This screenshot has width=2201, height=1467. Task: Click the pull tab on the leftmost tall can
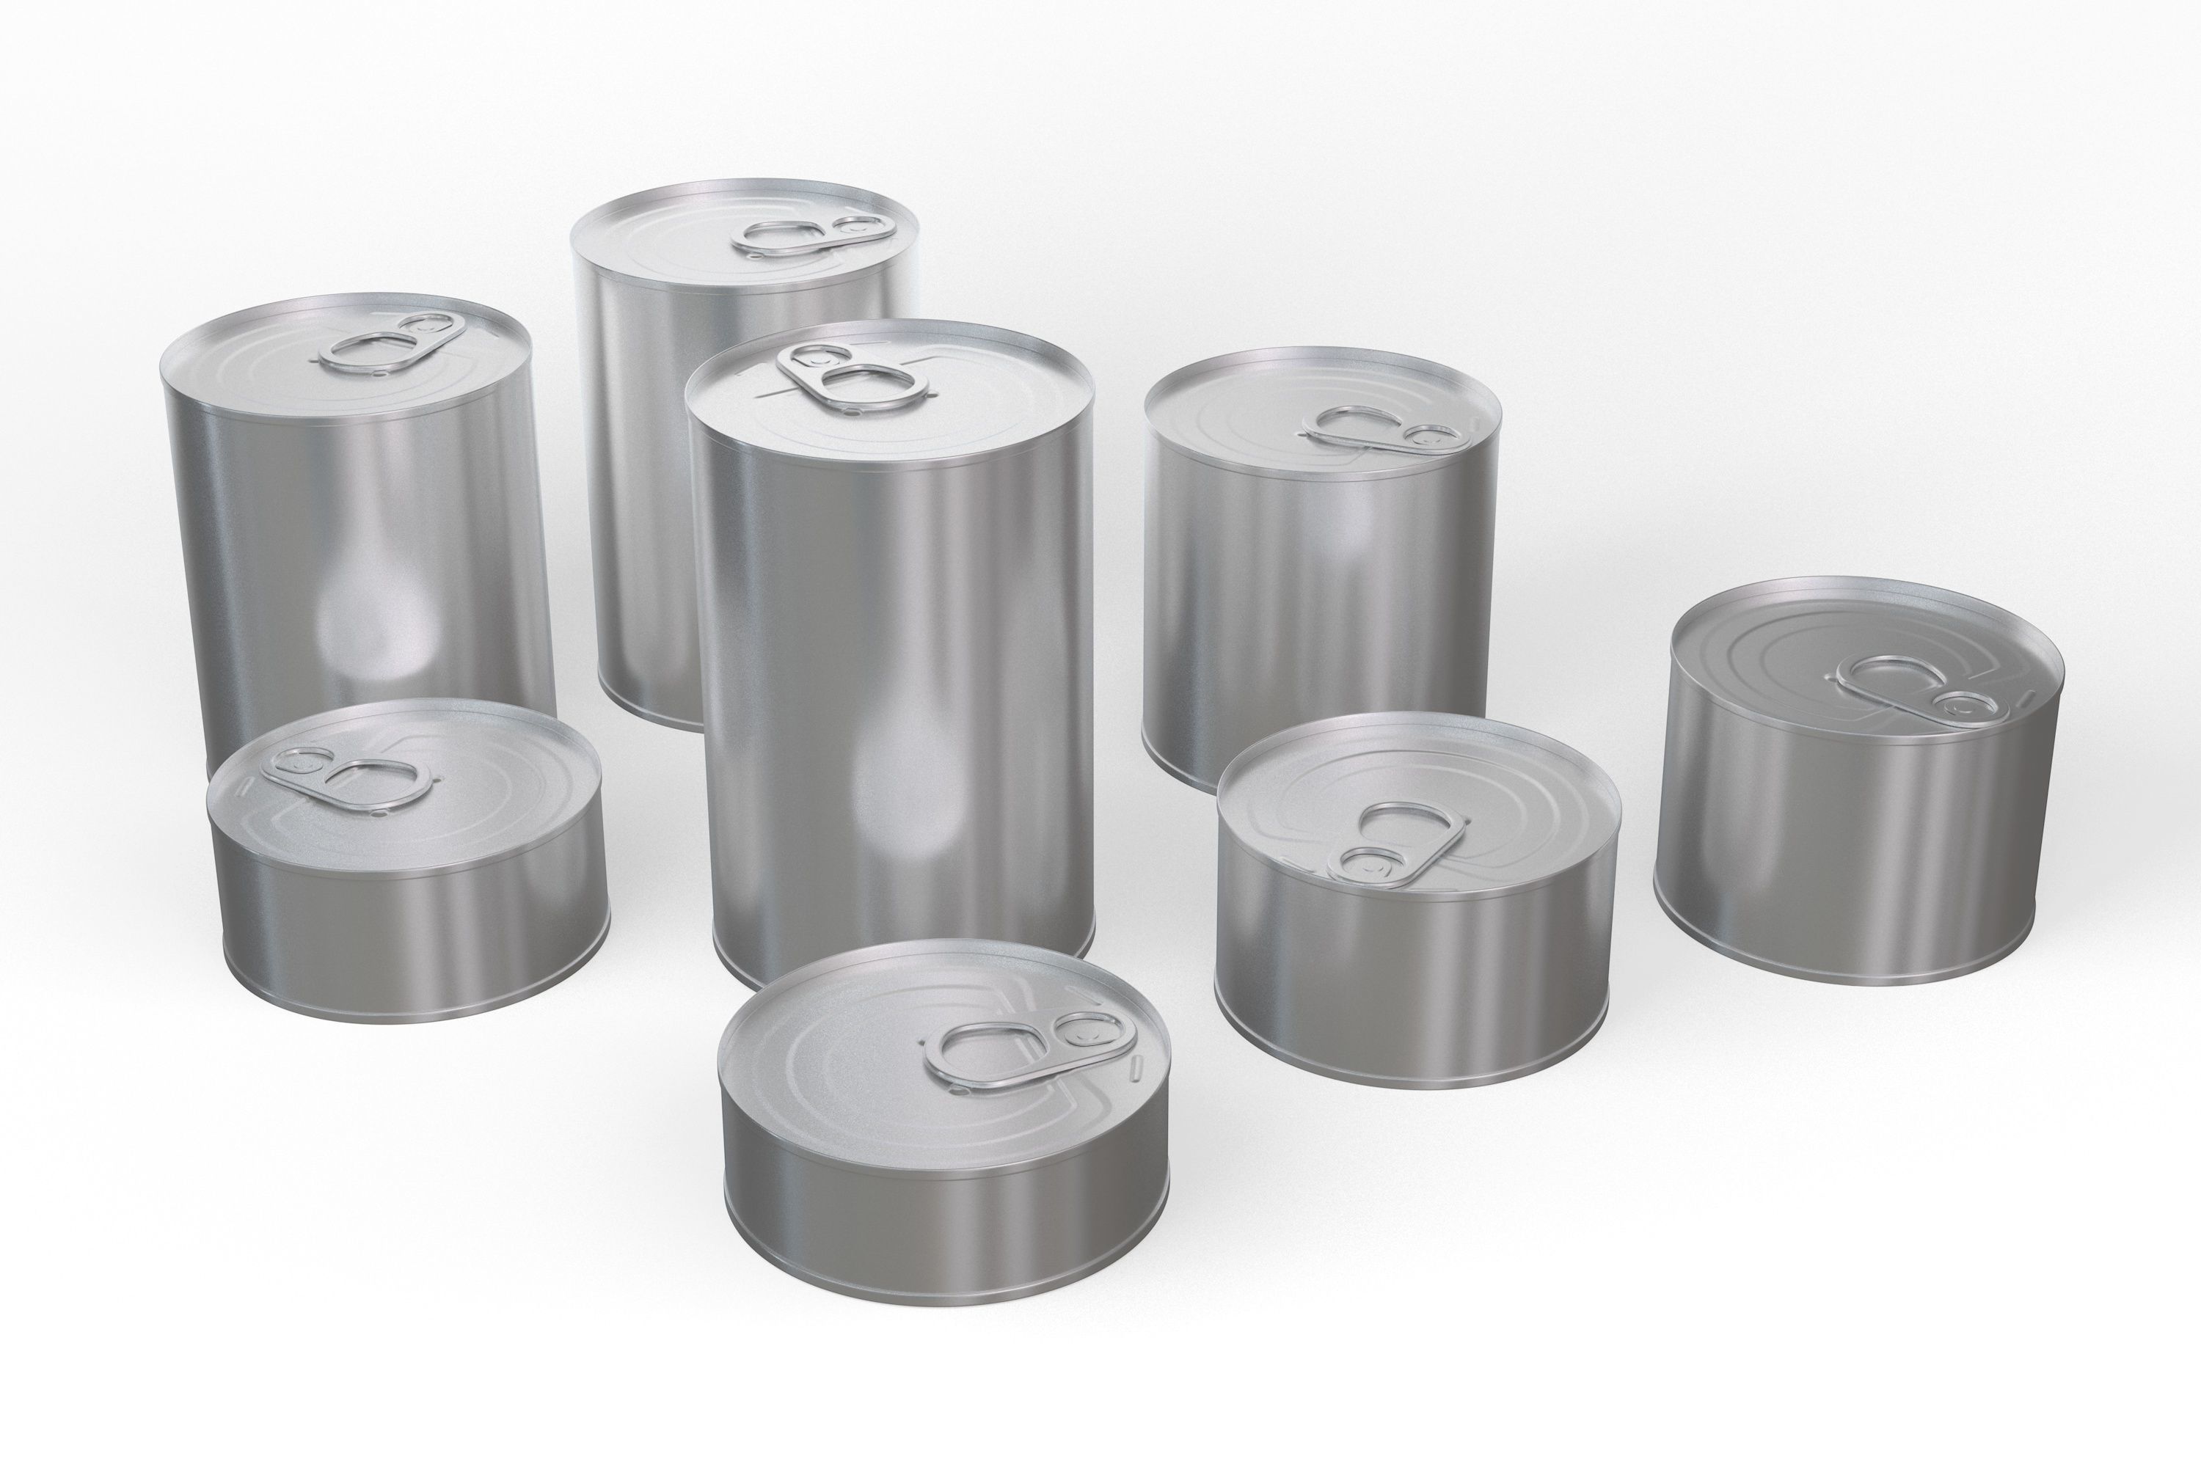[x=386, y=344]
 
